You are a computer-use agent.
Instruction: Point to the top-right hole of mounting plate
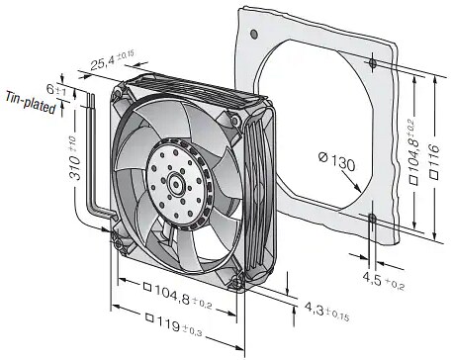(x=370, y=64)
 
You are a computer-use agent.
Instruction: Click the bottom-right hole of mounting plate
(x=371, y=217)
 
